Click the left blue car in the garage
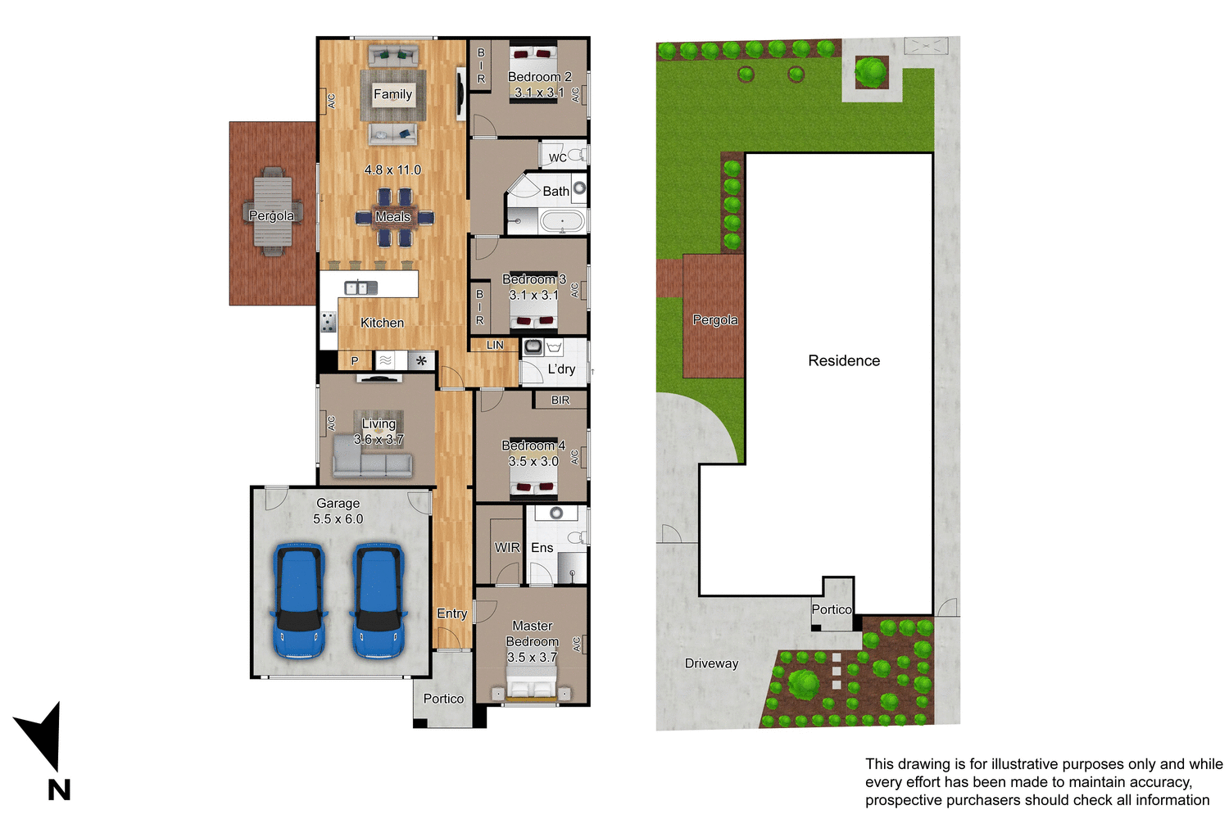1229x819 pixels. tap(299, 600)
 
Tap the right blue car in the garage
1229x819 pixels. tap(379, 600)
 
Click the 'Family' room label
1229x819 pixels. tap(392, 94)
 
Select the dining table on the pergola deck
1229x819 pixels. tap(272, 212)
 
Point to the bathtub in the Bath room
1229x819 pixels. tap(561, 221)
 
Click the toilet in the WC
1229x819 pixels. tap(577, 154)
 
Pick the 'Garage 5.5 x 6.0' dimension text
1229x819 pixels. tap(338, 511)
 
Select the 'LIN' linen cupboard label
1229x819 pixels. tap(495, 345)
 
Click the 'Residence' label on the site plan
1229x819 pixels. tap(844, 360)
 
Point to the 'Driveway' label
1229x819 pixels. tap(711, 663)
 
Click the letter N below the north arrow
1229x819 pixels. tap(59, 790)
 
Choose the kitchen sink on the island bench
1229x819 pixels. tap(361, 287)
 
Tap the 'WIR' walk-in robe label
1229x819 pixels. tap(507, 547)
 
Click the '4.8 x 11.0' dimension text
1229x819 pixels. tap(392, 170)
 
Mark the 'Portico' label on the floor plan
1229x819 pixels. tap(443, 699)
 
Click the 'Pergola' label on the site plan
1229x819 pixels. tap(714, 319)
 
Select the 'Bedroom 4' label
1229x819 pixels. tap(533, 446)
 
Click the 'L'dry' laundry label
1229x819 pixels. tap(561, 369)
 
